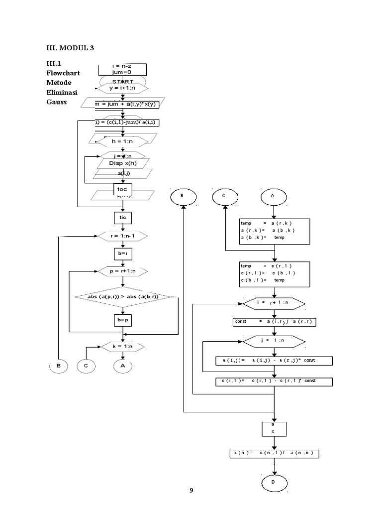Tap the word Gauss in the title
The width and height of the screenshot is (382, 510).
click(56, 102)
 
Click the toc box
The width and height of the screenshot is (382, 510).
click(122, 190)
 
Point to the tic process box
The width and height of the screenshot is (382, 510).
click(122, 218)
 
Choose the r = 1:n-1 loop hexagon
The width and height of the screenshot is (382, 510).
click(122, 236)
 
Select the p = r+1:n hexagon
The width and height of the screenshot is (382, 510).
click(122, 271)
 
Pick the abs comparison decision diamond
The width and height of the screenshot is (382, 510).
click(125, 297)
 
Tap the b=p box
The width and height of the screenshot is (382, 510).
click(122, 319)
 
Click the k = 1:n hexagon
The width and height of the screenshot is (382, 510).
click(122, 346)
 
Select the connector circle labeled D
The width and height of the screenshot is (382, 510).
click(274, 483)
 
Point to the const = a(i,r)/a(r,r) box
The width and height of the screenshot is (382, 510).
click(274, 322)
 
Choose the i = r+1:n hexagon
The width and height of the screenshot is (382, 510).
click(274, 303)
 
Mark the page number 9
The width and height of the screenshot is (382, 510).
click(191, 491)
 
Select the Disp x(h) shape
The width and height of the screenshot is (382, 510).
click(122, 163)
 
